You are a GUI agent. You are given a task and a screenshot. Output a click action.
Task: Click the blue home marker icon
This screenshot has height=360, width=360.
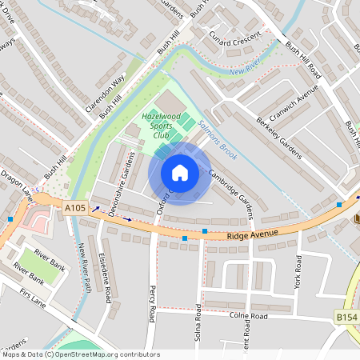180,174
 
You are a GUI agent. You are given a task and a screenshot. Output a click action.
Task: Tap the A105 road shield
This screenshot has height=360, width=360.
75,208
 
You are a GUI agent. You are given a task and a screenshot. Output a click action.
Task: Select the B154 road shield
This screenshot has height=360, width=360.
346,318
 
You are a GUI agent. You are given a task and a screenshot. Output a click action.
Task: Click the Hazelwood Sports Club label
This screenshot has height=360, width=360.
161,126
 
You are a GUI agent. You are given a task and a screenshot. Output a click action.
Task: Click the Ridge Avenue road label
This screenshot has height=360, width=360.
252,234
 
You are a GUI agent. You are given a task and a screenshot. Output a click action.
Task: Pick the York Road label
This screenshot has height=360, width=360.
298,272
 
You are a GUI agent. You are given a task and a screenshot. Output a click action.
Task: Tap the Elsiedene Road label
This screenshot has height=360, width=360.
106,277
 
